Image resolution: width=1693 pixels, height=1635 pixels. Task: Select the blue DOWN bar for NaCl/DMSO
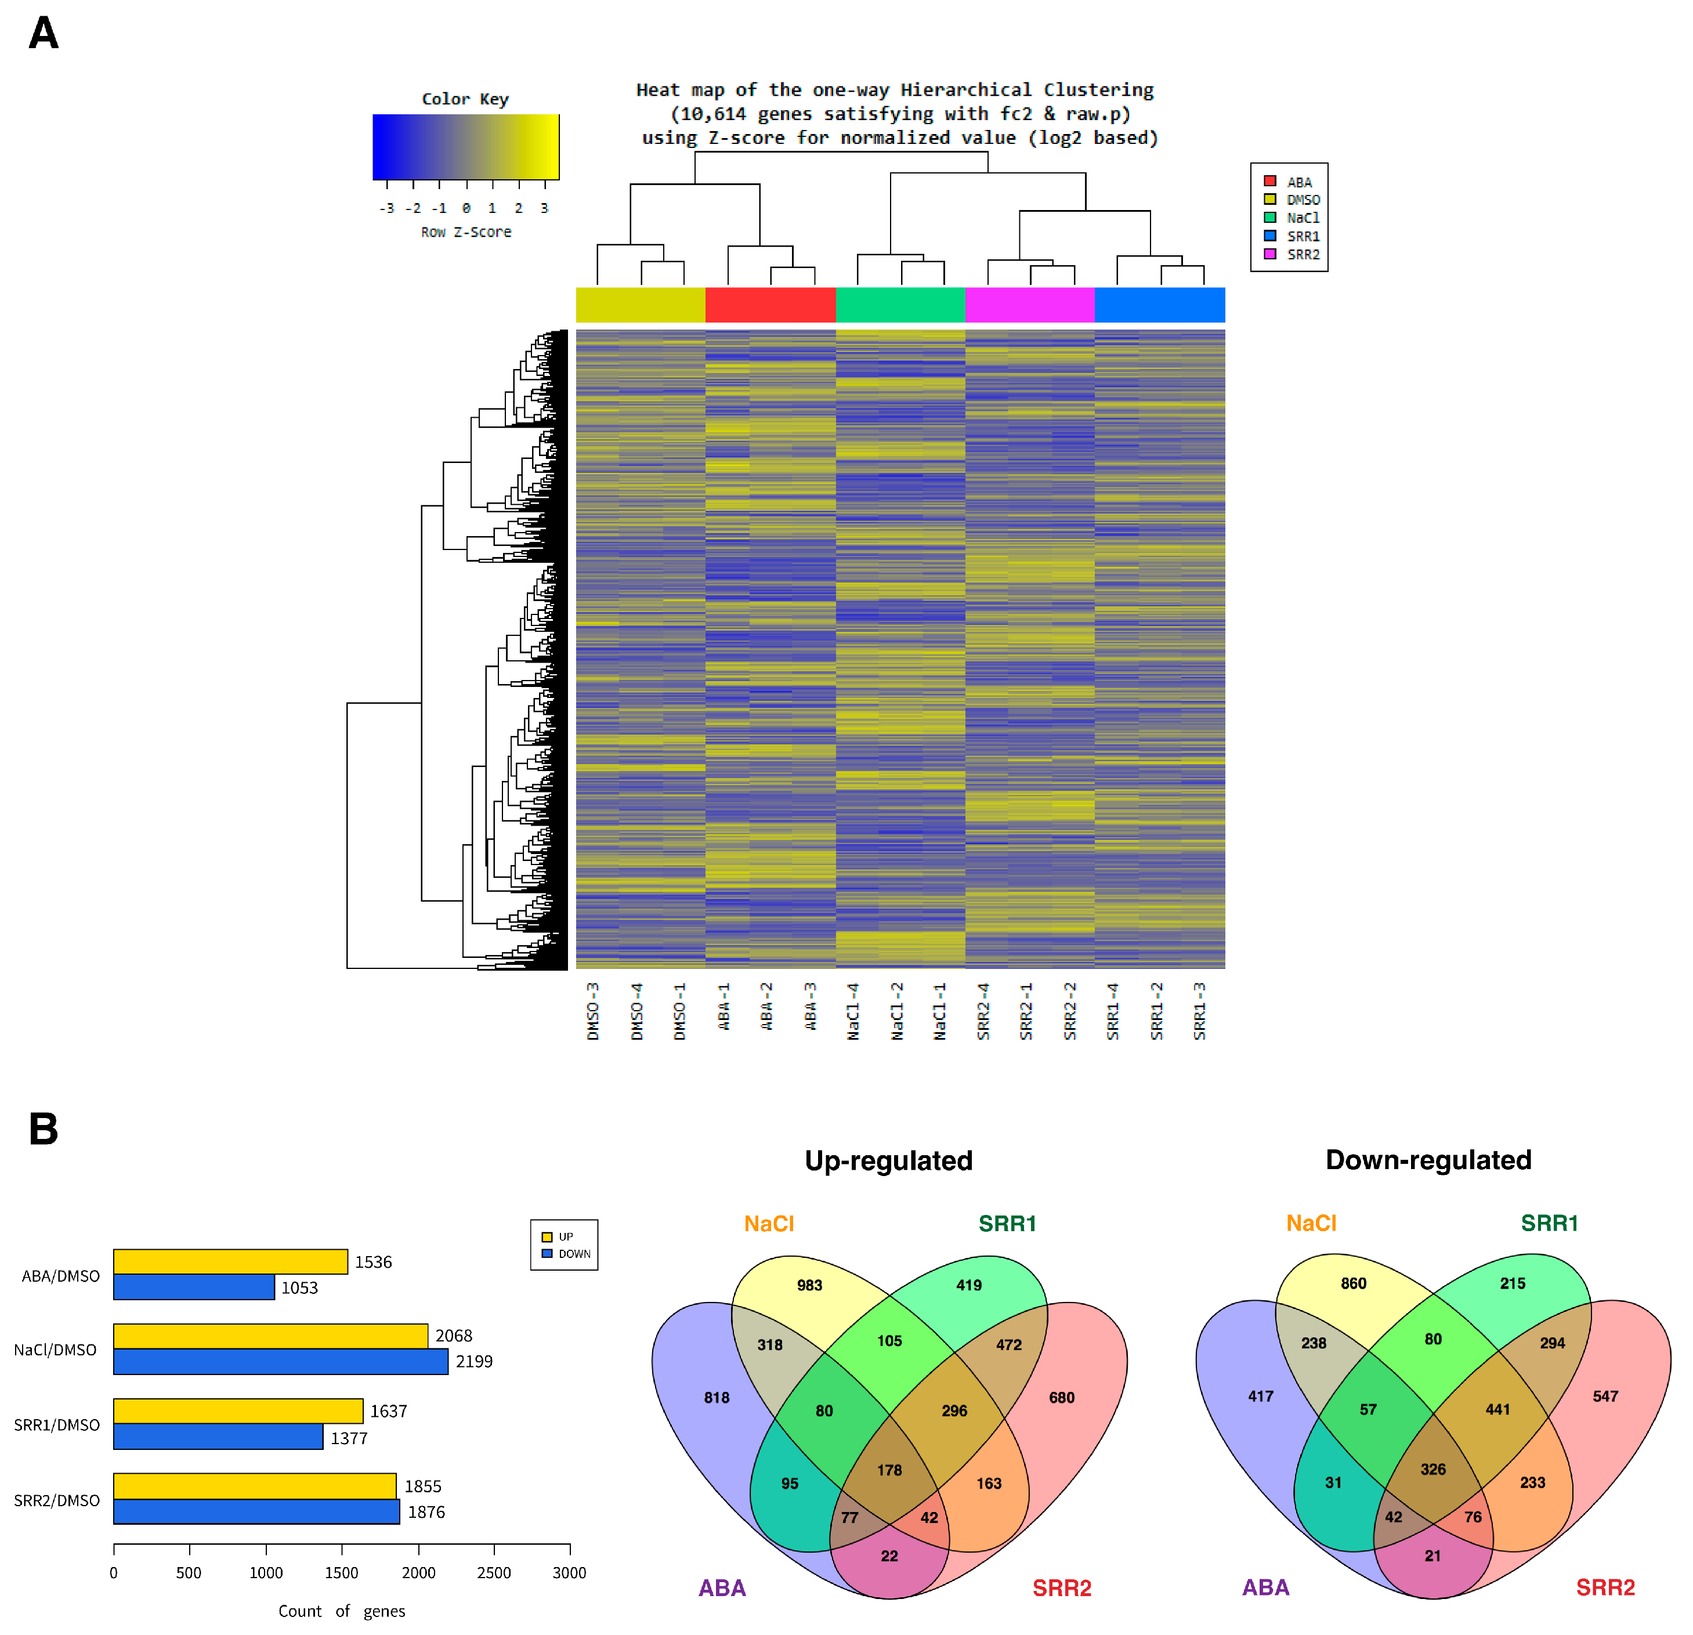[281, 1361]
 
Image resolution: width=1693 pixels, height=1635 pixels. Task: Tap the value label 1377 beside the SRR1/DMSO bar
[349, 1438]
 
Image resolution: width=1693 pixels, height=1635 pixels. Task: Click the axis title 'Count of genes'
[341, 1611]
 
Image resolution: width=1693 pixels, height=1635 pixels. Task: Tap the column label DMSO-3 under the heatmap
[594, 1011]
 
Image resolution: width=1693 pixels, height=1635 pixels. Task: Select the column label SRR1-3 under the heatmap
[1200, 1011]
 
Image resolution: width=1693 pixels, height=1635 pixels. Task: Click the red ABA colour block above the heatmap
[770, 305]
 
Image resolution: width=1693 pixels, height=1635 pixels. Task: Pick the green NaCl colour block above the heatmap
[900, 305]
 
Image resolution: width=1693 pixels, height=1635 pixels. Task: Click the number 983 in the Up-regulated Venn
[809, 1285]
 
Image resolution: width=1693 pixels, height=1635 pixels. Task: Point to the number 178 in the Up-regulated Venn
[889, 1470]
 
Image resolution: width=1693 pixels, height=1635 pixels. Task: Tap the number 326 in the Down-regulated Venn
[1433, 1469]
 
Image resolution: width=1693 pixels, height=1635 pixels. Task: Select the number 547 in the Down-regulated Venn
[1605, 1397]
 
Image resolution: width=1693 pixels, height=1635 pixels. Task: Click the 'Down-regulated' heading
[1428, 1160]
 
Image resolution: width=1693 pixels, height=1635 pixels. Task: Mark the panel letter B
[43, 1129]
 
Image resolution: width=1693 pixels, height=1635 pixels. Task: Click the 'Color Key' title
[465, 99]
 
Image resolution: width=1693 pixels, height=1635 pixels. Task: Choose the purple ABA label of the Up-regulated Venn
[722, 1587]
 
